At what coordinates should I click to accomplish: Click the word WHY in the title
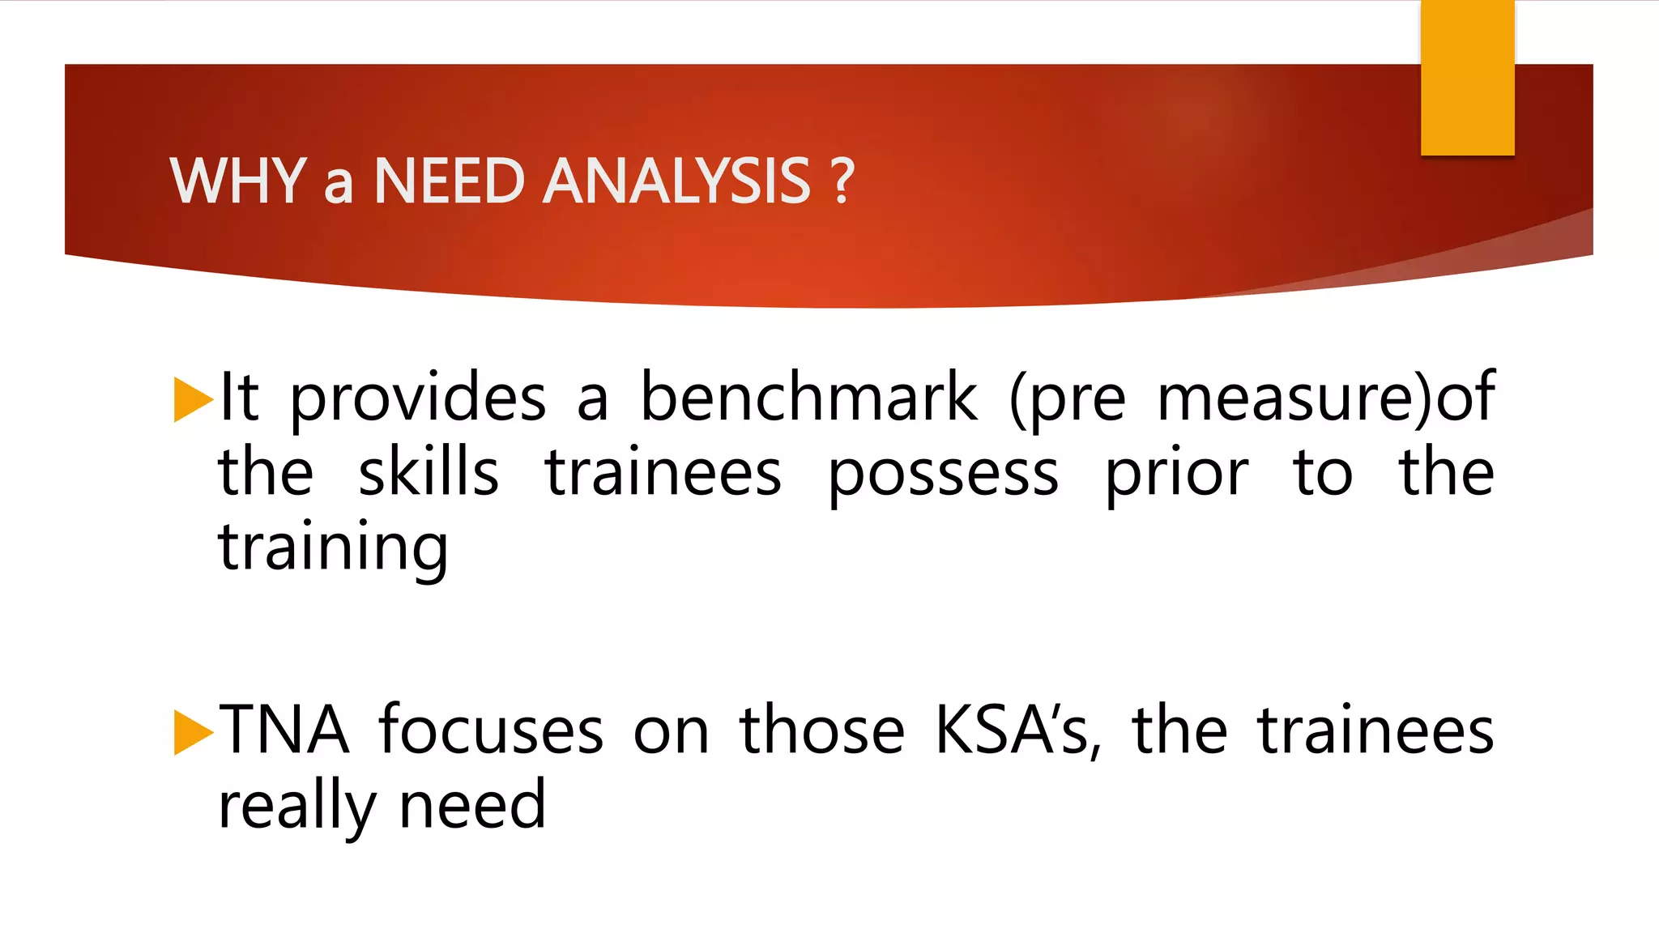pyautogui.click(x=237, y=181)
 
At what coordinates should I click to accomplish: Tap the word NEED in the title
pyautogui.click(x=449, y=181)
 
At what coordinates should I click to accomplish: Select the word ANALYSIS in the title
pyautogui.click(x=676, y=181)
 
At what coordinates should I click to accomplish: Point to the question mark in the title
pyautogui.click(x=842, y=181)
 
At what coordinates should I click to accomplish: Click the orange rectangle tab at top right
pyautogui.click(x=1467, y=78)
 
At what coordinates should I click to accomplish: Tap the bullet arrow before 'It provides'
pyautogui.click(x=192, y=399)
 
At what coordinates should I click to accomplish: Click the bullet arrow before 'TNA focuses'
pyautogui.click(x=192, y=732)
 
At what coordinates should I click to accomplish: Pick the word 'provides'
pyautogui.click(x=418, y=399)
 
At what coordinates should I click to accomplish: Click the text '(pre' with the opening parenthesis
pyautogui.click(x=1068, y=399)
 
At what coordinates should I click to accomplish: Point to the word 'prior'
pyautogui.click(x=1176, y=475)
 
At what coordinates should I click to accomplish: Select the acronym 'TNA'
pyautogui.click(x=284, y=731)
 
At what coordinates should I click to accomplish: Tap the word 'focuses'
pyautogui.click(x=491, y=731)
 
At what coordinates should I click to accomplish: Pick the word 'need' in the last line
pyautogui.click(x=473, y=805)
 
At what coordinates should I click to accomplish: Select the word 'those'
pyautogui.click(x=821, y=731)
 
